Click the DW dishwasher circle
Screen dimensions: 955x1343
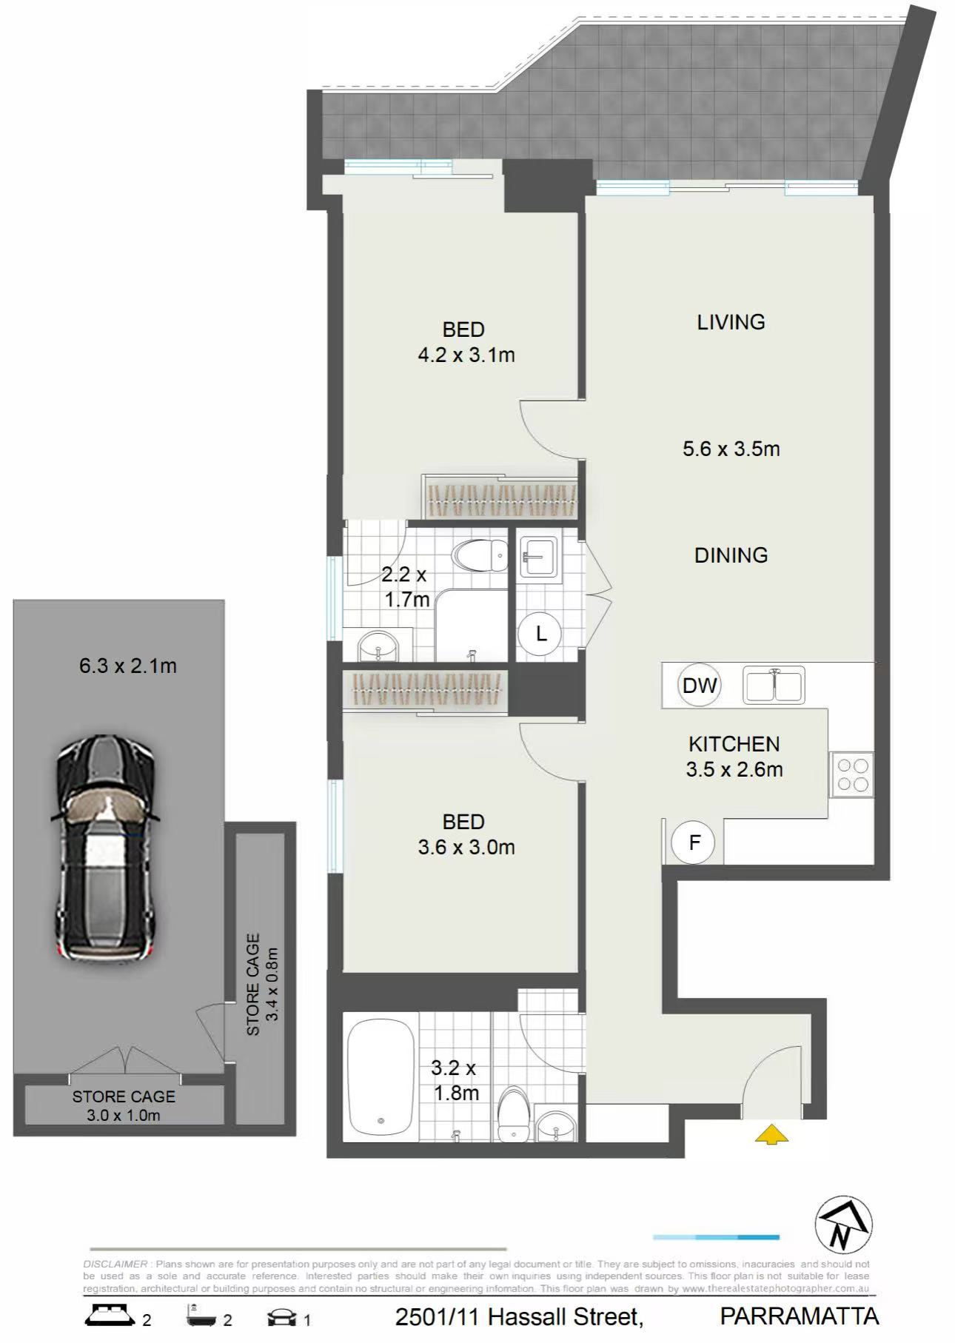coord(699,685)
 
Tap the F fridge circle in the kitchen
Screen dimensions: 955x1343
coord(694,842)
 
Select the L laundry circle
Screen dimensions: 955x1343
coord(540,634)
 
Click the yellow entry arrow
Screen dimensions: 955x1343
coord(771,1134)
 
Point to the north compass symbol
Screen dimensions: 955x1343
coord(843,1225)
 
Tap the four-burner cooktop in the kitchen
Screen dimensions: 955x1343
coord(852,774)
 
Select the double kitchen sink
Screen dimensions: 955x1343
coord(774,685)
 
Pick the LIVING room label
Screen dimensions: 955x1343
coord(731,322)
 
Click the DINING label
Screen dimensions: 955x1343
coord(731,555)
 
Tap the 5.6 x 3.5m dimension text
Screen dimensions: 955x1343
coord(731,449)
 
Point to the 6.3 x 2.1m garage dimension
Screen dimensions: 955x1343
coord(128,666)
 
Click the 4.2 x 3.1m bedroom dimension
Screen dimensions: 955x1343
coord(466,355)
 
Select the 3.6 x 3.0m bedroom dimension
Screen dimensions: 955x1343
coord(466,847)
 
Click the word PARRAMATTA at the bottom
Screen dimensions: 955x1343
coord(800,1316)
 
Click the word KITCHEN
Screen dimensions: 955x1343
coord(734,744)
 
